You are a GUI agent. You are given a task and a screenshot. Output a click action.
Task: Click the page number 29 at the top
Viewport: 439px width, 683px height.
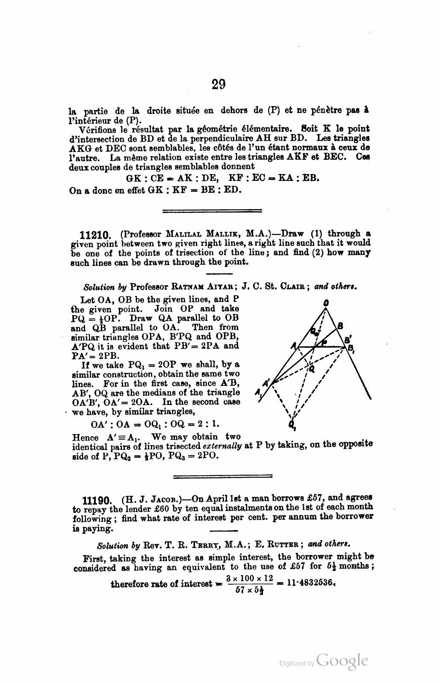(218, 84)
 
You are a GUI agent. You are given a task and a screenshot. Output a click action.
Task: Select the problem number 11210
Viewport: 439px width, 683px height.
(96, 234)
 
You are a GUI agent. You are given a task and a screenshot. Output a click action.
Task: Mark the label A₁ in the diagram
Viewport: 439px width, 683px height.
(258, 393)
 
